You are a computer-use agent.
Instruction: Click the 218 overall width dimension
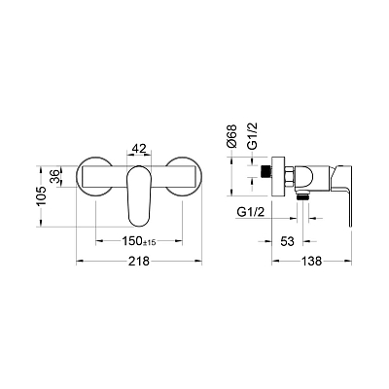point(139,261)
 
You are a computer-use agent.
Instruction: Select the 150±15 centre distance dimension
point(139,241)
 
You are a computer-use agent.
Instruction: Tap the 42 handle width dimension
point(139,149)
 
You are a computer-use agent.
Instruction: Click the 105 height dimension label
point(42,196)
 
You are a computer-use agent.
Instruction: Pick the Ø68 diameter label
point(232,136)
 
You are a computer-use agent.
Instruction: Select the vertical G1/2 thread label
point(252,136)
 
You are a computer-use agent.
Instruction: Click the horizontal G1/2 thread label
point(251,213)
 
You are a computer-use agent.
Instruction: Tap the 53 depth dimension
point(287,241)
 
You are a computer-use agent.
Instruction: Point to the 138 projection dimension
point(312,261)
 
